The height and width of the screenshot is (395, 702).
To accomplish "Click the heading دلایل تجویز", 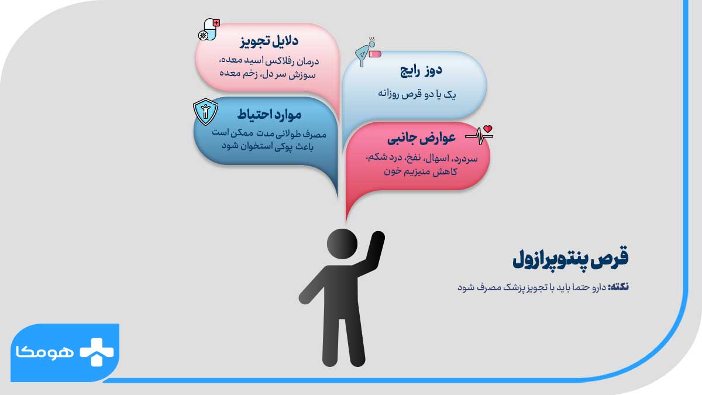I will coord(269,42).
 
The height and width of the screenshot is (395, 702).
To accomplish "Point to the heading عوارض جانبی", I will coord(421,139).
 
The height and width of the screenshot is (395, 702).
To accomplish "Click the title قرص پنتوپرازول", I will coord(570,260).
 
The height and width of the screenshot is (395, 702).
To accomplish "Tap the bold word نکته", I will coord(618,287).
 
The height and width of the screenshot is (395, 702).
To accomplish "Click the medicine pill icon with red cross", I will coord(209,29).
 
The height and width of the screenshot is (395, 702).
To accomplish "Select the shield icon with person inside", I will coord(205,111).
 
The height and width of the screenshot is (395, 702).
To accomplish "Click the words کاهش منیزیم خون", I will coord(419,172).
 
